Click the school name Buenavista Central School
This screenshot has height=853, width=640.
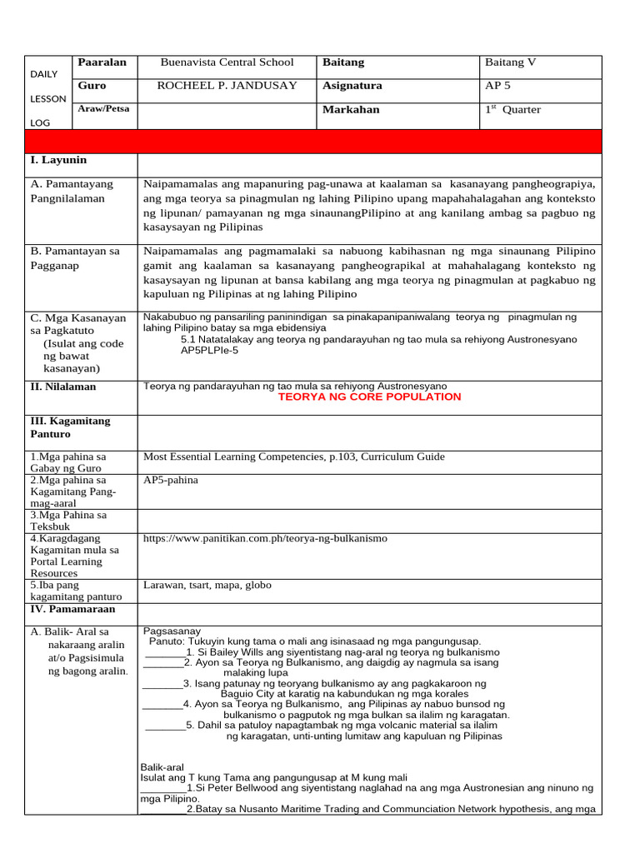point(227,62)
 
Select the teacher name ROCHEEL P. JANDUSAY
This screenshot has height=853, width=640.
point(227,86)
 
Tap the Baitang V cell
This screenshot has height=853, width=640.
point(510,62)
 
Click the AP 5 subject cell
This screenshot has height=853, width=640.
point(498,86)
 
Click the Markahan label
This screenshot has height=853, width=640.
point(350,110)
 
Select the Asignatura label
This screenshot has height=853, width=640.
point(352,86)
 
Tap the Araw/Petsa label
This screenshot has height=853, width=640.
point(97,109)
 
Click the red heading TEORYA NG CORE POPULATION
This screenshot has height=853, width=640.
point(369,397)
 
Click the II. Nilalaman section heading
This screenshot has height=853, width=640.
point(63,387)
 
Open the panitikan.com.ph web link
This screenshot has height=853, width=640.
point(265,539)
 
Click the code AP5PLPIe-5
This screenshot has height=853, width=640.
point(209,351)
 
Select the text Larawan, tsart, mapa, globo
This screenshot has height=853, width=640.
point(207,586)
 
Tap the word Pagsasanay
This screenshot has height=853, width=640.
point(172,631)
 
